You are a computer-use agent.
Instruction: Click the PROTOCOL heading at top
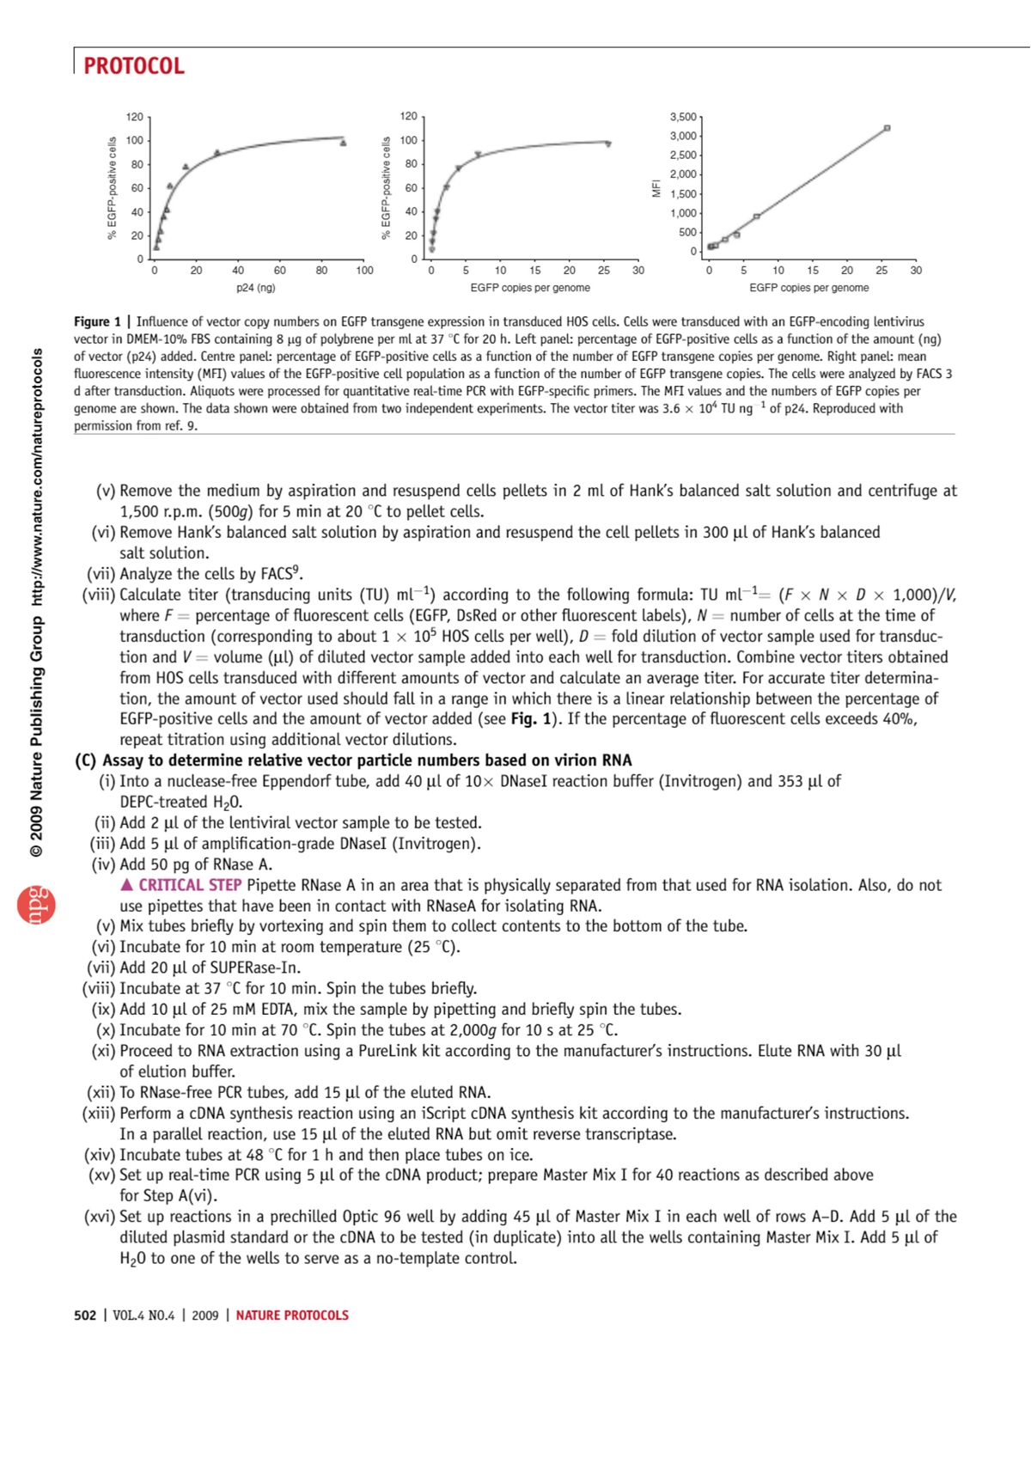[x=134, y=66]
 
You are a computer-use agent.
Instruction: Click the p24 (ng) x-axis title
[x=255, y=288]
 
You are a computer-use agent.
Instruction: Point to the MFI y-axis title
[x=656, y=188]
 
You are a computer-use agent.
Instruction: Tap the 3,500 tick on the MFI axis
[x=683, y=117]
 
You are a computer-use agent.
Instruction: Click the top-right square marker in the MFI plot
[x=887, y=128]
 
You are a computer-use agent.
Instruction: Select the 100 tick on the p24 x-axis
[x=364, y=271]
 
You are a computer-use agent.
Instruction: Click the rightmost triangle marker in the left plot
[x=343, y=143]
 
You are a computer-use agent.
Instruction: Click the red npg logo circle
[x=36, y=905]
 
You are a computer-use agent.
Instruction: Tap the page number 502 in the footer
[x=85, y=1315]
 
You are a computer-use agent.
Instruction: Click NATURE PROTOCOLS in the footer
[x=292, y=1315]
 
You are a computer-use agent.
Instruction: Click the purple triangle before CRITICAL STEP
[x=127, y=885]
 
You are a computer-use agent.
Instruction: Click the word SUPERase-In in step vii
[x=256, y=968]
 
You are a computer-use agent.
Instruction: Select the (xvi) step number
[x=100, y=1217]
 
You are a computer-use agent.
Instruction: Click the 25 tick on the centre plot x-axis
[x=604, y=271]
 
